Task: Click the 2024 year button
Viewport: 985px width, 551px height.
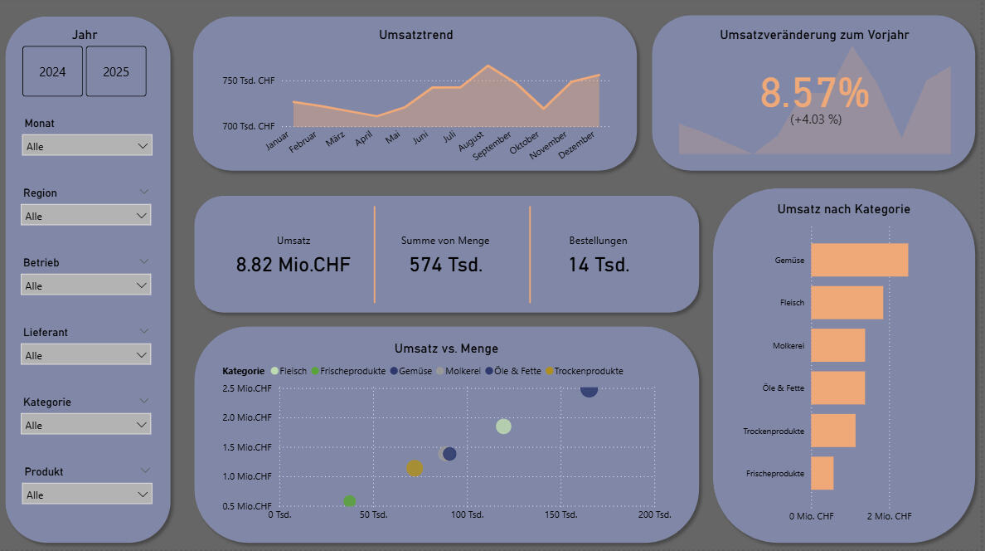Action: coord(52,71)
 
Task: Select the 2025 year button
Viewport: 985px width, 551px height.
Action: coord(116,71)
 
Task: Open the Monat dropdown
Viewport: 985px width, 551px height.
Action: coord(87,146)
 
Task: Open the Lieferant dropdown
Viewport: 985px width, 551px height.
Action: coord(87,355)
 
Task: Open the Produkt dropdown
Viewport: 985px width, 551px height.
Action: coord(87,495)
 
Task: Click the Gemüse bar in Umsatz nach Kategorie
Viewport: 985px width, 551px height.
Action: coord(859,260)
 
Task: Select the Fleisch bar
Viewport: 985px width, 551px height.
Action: coord(847,303)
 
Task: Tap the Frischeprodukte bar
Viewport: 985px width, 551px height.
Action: coord(822,473)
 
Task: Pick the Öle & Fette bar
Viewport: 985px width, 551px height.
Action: coord(837,388)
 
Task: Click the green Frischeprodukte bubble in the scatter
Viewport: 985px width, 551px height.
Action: coord(349,501)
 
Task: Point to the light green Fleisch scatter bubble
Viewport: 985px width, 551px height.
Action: coord(503,427)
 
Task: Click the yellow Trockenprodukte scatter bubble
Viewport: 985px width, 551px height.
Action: coord(415,468)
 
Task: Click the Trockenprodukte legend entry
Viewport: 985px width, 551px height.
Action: coord(588,371)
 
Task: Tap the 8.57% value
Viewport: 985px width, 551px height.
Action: coord(814,93)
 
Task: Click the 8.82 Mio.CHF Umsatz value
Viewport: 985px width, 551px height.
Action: coord(294,265)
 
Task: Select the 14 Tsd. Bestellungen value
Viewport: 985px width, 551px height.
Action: coord(599,265)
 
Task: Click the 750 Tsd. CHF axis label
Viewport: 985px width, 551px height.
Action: coord(248,81)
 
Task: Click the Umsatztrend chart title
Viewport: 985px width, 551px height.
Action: coord(415,35)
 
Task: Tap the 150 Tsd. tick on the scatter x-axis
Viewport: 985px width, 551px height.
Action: coord(561,515)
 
